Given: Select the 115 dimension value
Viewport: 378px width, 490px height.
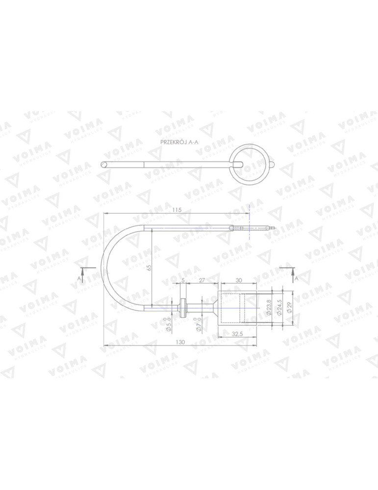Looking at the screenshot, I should [177, 210].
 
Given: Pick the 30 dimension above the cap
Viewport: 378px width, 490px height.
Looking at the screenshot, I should [238, 280].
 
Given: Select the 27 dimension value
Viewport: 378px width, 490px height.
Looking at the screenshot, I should [201, 280].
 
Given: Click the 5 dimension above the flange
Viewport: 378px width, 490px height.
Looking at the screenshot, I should [183, 280].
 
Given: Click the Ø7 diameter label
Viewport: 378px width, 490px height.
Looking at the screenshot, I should [199, 325].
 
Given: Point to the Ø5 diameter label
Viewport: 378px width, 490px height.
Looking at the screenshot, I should [168, 325].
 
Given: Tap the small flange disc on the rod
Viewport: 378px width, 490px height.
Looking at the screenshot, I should [183, 307].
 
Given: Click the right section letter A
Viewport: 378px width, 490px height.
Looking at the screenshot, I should [297, 278].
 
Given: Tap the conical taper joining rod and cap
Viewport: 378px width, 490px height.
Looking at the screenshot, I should [214, 307].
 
